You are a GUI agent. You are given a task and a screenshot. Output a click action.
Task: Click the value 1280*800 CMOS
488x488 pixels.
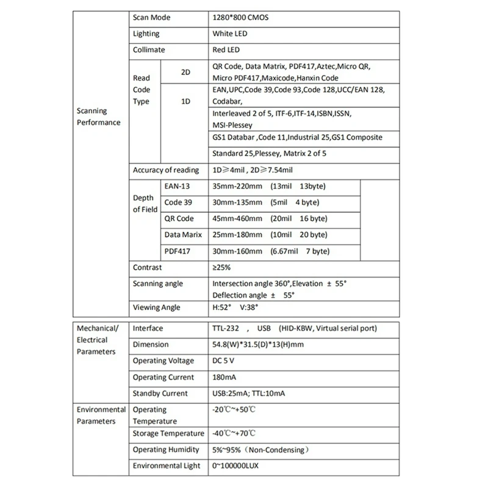pyautogui.click(x=240, y=18)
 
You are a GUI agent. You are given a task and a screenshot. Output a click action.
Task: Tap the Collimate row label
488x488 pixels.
pyautogui.click(x=149, y=50)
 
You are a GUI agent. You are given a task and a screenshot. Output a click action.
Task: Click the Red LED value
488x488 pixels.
pyautogui.click(x=226, y=50)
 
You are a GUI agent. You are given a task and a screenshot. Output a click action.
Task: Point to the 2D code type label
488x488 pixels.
pyautogui.click(x=186, y=72)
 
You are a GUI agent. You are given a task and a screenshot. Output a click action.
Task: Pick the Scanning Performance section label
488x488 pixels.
pyautogui.click(x=98, y=117)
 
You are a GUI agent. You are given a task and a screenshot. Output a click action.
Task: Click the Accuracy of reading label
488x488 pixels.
pyautogui.click(x=166, y=170)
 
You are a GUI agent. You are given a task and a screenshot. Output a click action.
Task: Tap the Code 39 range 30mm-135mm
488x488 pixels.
pyautogui.click(x=238, y=203)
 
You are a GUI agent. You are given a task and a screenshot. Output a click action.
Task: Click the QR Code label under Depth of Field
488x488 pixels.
pyautogui.click(x=179, y=218)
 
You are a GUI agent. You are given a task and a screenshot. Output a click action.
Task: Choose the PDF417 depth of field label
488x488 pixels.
pyautogui.click(x=177, y=251)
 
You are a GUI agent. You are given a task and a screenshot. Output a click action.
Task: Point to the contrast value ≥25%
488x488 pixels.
pyautogui.click(x=222, y=267)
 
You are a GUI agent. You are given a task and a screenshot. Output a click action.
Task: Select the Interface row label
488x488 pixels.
pyautogui.click(x=148, y=328)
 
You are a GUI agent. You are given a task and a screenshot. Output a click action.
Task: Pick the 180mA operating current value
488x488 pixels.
pyautogui.click(x=224, y=378)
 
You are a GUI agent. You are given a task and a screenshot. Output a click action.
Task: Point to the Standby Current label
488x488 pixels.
pyautogui.click(x=160, y=393)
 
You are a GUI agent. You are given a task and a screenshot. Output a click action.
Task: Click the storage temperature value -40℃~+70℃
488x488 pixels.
pyautogui.click(x=234, y=434)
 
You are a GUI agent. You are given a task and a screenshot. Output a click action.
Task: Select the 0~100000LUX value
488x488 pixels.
pyautogui.click(x=240, y=466)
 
